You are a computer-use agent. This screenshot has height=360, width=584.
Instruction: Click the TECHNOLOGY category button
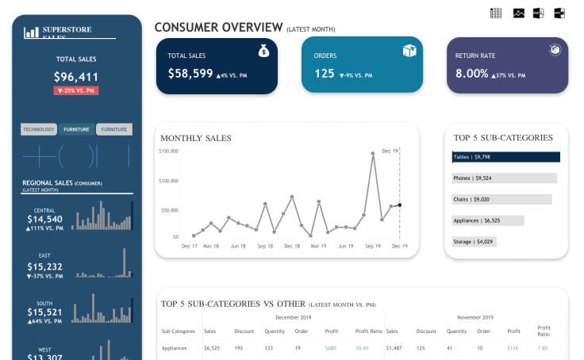pyautogui.click(x=39, y=129)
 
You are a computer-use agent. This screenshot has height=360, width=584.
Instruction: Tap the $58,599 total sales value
pyautogui.click(x=190, y=73)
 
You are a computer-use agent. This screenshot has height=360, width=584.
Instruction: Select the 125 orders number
pyautogui.click(x=325, y=73)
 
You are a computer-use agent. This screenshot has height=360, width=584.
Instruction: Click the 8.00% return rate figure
pyautogui.click(x=472, y=73)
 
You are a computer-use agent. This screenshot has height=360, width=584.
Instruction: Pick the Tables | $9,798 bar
pyautogui.click(x=506, y=157)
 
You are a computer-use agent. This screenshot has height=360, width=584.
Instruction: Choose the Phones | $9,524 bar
pyautogui.click(x=505, y=178)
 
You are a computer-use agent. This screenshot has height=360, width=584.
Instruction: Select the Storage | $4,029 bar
pyautogui.click(x=474, y=241)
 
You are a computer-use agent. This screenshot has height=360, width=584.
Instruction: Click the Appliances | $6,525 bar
pyautogui.click(x=488, y=220)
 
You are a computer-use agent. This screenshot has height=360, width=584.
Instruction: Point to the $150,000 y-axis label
pyautogui.click(x=168, y=151)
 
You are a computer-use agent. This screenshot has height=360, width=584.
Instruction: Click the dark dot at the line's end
pyautogui.click(x=399, y=205)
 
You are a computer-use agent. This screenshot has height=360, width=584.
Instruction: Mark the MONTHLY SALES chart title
pyautogui.click(x=196, y=138)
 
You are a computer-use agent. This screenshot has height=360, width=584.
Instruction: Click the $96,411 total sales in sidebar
pyautogui.click(x=76, y=77)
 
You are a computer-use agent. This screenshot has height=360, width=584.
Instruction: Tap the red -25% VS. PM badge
pyautogui.click(x=76, y=90)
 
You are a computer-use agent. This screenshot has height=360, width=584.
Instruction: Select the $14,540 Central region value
pyautogui.click(x=44, y=219)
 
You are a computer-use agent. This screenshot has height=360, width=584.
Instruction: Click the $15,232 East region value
pyautogui.click(x=44, y=267)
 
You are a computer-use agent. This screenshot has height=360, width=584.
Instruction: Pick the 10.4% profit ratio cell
pyautogui.click(x=362, y=347)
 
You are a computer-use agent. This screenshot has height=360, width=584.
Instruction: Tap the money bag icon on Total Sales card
pyautogui.click(x=263, y=51)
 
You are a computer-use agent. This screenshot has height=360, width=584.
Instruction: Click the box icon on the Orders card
pyautogui.click(x=409, y=51)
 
